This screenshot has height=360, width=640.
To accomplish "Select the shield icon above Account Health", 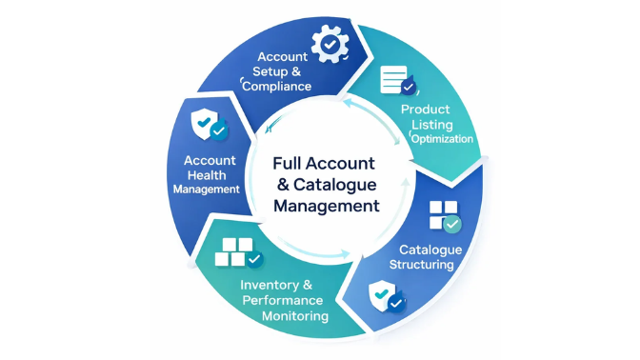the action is [x=210, y=125].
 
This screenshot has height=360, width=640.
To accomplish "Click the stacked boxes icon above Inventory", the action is [x=238, y=251].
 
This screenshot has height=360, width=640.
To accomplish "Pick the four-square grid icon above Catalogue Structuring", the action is [x=443, y=216].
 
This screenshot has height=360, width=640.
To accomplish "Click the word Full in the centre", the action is [x=291, y=163].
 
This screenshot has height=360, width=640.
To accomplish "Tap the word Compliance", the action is [x=277, y=87].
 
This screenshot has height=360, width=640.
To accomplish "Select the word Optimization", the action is [x=442, y=138].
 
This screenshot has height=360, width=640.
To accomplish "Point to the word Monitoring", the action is [x=284, y=315].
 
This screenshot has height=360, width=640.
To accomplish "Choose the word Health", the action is [x=209, y=174].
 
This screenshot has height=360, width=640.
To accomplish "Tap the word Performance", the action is [x=285, y=300].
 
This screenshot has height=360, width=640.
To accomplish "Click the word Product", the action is [x=425, y=110].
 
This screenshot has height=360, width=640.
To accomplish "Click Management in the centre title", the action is [x=326, y=205].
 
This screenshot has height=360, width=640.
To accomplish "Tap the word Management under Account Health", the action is [x=207, y=189].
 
